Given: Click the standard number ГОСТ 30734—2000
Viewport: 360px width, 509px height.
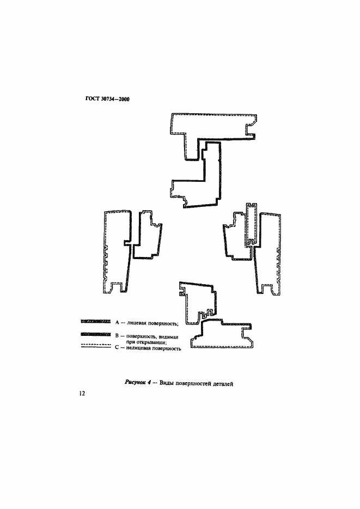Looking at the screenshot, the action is pos(107,99).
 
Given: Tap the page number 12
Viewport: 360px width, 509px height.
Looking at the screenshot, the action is pos(82,394).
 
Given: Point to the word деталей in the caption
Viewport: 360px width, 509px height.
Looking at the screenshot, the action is pos(223,384).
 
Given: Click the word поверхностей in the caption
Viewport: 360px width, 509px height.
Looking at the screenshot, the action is pos(193,384).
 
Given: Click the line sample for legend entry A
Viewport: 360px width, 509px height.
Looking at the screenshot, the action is pos(96,321).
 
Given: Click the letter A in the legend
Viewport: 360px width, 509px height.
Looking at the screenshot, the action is pos(117,322).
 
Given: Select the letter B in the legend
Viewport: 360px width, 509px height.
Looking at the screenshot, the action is pos(117,336).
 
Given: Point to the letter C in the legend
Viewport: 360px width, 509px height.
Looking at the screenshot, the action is pos(117,348).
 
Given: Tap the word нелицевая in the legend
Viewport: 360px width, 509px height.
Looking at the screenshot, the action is pos(138,349).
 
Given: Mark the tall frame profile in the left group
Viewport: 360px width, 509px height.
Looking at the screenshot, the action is pos(119,252).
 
